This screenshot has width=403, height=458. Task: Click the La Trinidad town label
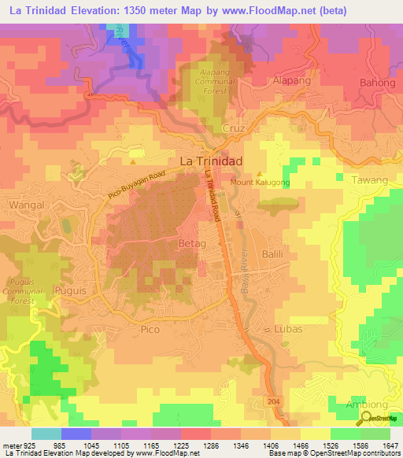[x=212, y=160]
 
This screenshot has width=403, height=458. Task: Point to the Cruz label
[x=235, y=127]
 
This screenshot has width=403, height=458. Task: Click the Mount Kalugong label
[x=261, y=183]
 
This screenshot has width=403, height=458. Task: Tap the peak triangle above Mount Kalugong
[x=260, y=172]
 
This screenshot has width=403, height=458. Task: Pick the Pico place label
[x=150, y=331]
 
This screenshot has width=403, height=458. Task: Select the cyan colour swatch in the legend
[x=46, y=434]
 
